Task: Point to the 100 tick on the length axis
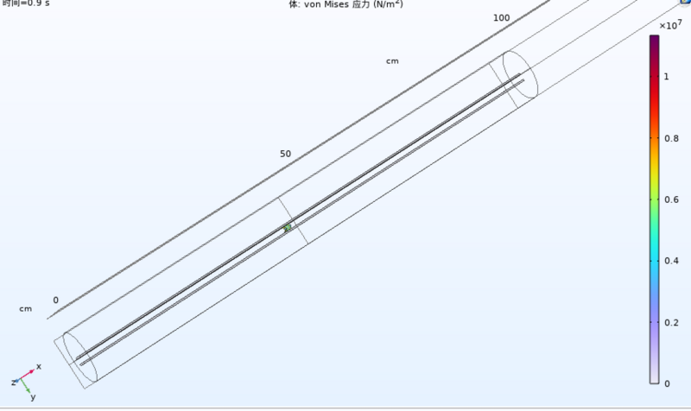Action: (501, 19)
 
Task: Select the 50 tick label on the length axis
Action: (285, 154)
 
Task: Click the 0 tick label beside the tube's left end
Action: (56, 300)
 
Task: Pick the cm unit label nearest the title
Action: (392, 61)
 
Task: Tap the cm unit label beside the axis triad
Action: (26, 308)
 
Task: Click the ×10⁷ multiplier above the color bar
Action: (670, 26)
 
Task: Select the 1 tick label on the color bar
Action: (666, 77)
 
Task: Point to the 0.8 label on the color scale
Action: (670, 138)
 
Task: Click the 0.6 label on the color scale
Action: (670, 199)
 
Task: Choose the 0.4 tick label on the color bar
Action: (670, 261)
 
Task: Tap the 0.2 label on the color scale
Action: (670, 322)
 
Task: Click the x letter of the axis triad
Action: (39, 367)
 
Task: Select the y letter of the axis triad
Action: (33, 397)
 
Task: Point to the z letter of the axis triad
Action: (14, 382)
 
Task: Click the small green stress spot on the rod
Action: (288, 228)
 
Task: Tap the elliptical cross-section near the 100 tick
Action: (520, 79)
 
